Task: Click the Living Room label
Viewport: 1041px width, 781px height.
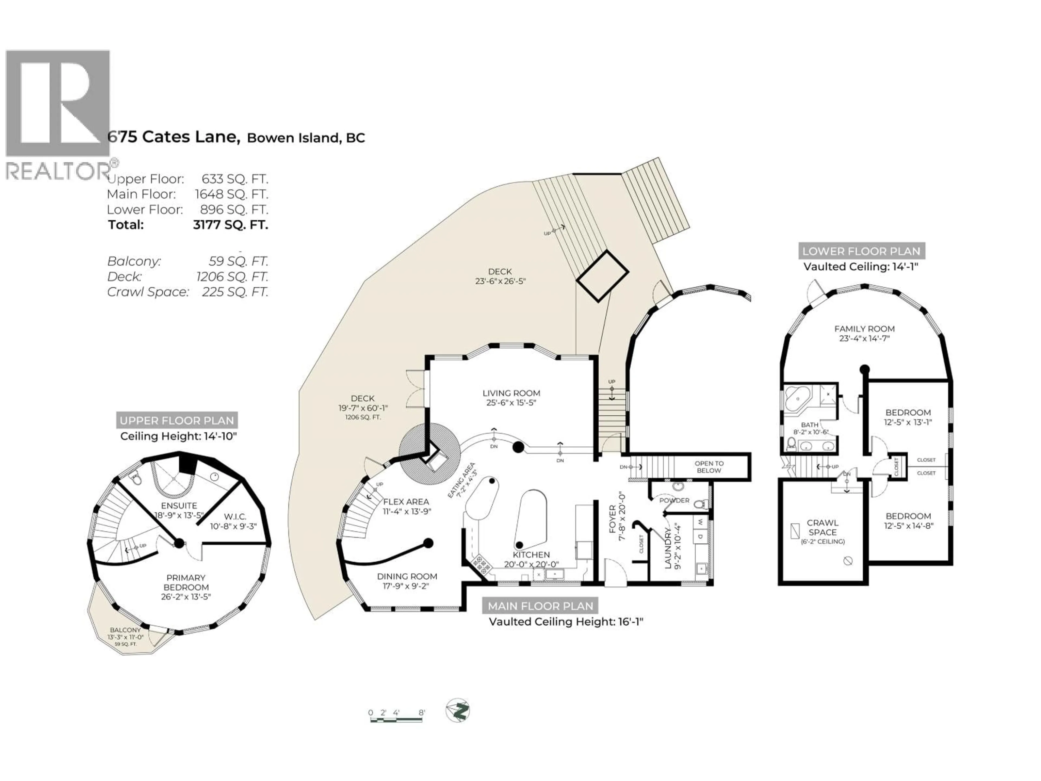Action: point(511,393)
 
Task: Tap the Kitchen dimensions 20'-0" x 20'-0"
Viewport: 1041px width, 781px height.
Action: point(531,564)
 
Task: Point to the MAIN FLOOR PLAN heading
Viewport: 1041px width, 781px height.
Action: point(540,606)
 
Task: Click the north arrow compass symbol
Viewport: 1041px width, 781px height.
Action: point(457,710)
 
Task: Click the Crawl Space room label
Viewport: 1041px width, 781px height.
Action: point(823,527)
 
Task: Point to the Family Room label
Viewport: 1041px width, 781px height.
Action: point(865,329)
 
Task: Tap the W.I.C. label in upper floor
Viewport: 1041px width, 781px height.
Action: point(234,516)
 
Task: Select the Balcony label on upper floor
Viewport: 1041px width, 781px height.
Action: point(125,630)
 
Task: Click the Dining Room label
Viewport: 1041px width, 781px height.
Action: point(407,576)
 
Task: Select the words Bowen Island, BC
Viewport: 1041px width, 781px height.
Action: point(306,138)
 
